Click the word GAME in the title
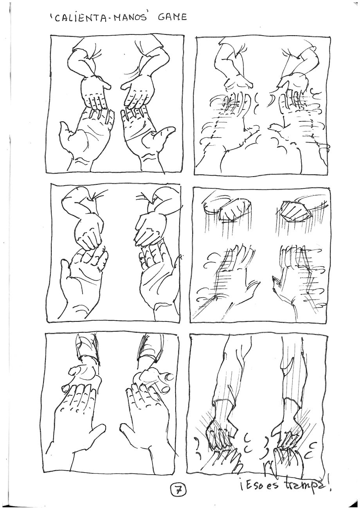172,17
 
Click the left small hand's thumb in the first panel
106,85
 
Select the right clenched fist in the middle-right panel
295,211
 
